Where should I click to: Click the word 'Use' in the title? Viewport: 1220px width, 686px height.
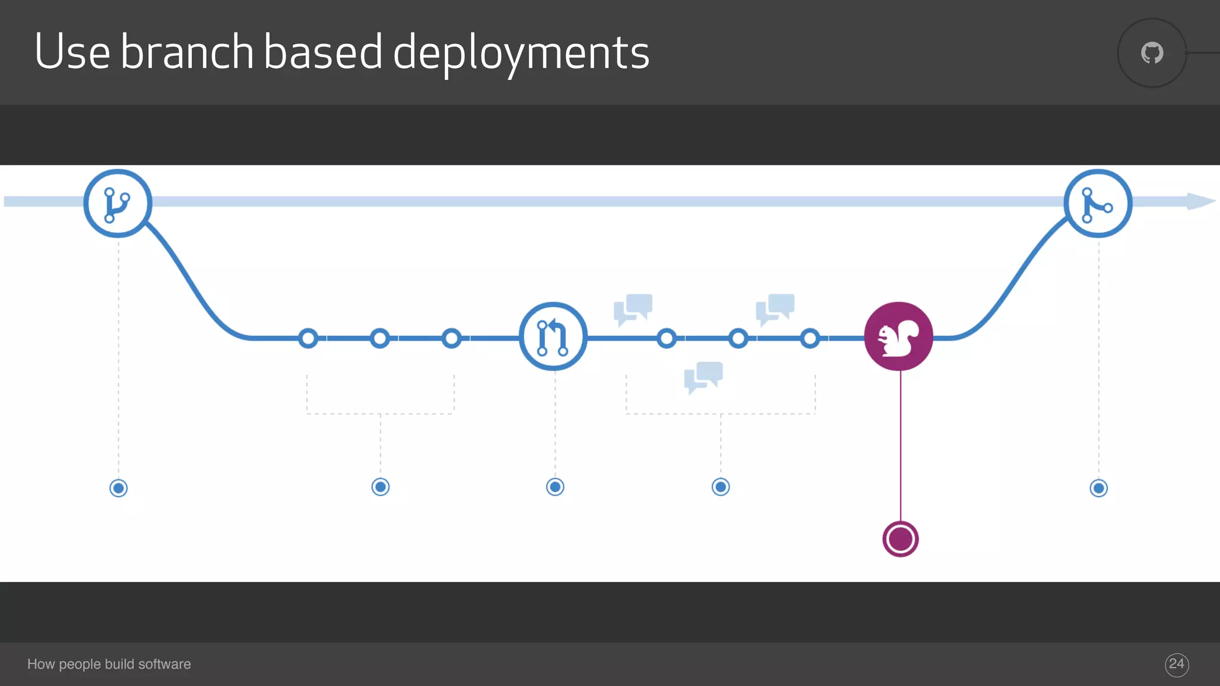pyautogui.click(x=72, y=52)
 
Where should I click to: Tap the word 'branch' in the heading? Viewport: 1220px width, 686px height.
pyautogui.click(x=187, y=52)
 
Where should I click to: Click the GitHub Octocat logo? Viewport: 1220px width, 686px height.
pyautogui.click(x=1152, y=53)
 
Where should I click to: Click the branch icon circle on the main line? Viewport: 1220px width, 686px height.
pyautogui.click(x=118, y=204)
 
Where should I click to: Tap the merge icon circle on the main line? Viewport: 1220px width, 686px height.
pyautogui.click(x=1098, y=204)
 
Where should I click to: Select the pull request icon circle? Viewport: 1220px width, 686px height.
pyautogui.click(x=553, y=336)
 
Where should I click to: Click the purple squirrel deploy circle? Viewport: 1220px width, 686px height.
pyautogui.click(x=898, y=336)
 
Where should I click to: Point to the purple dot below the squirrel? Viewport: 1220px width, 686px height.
pyautogui.click(x=900, y=539)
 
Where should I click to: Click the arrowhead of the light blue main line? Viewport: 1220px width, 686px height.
pyautogui.click(x=1200, y=201)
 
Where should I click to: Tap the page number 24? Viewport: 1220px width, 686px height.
pyautogui.click(x=1177, y=664)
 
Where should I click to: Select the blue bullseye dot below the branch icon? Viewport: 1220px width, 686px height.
pyautogui.click(x=119, y=488)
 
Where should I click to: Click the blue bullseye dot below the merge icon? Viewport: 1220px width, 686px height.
pyautogui.click(x=1098, y=488)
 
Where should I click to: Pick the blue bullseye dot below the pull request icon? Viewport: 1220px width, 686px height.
pyautogui.click(x=555, y=487)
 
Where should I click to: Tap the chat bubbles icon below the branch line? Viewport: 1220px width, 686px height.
pyautogui.click(x=704, y=377)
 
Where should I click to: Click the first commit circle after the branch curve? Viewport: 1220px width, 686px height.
pyautogui.click(x=308, y=338)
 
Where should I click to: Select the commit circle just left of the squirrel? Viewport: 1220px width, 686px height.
pyautogui.click(x=810, y=338)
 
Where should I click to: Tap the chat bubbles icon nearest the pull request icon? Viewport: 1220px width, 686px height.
pyautogui.click(x=633, y=309)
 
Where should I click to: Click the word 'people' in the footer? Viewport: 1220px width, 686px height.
pyautogui.click(x=80, y=665)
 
